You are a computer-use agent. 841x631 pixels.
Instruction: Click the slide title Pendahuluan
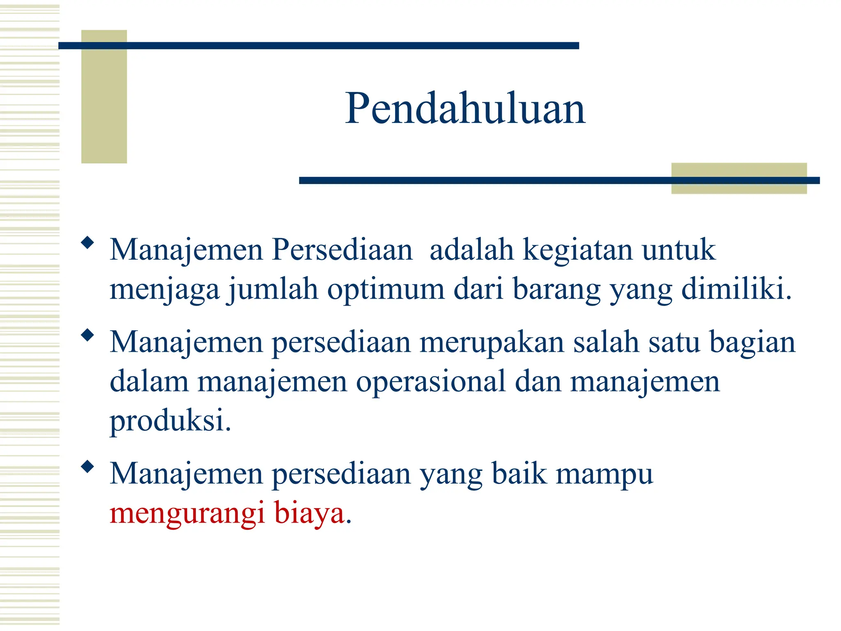465,108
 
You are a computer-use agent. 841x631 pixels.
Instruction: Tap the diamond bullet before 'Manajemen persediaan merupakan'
87,335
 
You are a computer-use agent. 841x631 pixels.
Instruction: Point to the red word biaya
309,513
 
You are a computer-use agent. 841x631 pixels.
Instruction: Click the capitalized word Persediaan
342,249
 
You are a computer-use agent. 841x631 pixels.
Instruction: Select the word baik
519,474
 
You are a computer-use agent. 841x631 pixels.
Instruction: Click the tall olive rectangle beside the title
104,97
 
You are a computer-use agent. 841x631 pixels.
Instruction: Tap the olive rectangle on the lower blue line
739,178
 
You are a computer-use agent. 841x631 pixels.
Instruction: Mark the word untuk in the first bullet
678,250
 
